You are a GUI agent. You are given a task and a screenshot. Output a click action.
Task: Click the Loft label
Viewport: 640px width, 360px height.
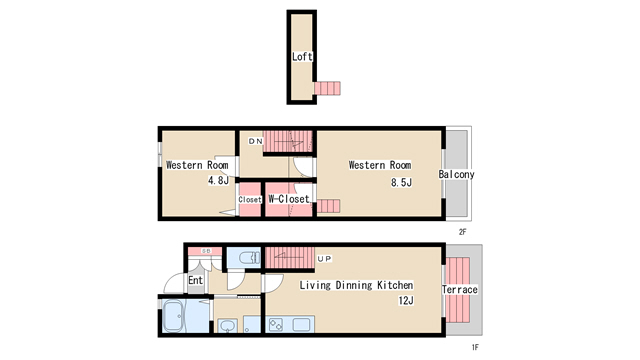coord(302,57)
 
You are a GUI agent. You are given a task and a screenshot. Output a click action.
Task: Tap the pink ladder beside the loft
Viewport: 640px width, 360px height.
coord(327,90)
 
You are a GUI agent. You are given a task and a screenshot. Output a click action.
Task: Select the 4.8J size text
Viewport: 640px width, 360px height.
coord(219,181)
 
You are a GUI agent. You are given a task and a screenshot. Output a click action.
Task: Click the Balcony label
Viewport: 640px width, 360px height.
coord(456,174)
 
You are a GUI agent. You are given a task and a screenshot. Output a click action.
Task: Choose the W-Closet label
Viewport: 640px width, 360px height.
coord(288,199)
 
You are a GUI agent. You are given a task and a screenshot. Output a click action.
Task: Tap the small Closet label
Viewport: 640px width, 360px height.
coord(249,200)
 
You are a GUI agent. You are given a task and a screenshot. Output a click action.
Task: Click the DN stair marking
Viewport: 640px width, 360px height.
coord(256,142)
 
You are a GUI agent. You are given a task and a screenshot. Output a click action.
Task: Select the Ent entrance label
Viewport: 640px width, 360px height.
coord(196,281)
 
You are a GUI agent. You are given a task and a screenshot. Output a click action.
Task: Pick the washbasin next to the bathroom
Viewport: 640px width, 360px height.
coord(227,326)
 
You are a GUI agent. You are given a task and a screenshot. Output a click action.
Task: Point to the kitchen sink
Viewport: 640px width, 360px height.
coord(301,325)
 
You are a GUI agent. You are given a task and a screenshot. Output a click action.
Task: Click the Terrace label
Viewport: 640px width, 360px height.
coord(460,290)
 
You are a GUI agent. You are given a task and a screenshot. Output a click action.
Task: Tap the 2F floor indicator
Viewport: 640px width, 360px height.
coord(462,232)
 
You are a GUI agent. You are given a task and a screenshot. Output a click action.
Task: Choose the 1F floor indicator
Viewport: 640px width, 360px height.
coord(476,347)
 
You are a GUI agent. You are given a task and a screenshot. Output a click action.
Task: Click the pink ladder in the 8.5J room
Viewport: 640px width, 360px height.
coord(328,206)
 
